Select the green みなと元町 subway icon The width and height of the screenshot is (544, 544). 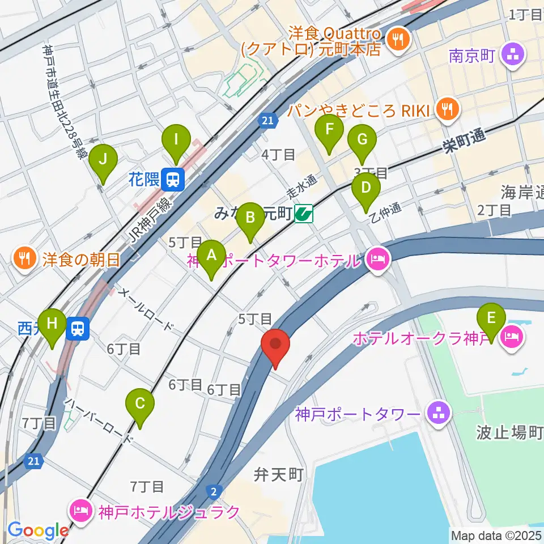(x=304, y=214)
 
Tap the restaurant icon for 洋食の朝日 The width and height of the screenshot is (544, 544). (x=23, y=260)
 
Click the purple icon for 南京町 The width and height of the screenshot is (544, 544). (x=515, y=56)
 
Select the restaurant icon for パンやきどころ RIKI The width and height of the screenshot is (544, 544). (x=448, y=110)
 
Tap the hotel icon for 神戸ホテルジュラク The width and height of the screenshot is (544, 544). (x=80, y=512)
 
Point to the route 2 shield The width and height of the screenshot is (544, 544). (x=213, y=491)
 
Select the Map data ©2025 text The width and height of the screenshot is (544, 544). (x=496, y=535)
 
